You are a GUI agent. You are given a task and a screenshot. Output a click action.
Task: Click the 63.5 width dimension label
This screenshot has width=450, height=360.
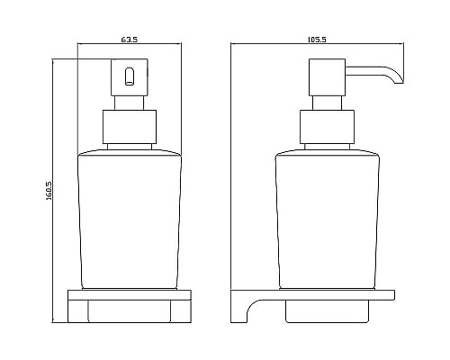point(130,40)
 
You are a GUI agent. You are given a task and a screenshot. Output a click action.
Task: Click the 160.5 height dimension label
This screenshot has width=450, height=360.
point(49,191)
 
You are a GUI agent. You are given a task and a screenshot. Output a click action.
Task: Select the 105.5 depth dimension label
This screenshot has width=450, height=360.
point(317,40)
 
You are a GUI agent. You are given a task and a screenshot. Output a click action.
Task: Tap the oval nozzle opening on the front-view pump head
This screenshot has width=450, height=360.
point(130,76)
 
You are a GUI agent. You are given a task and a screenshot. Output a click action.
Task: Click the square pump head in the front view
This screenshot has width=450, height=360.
point(130,77)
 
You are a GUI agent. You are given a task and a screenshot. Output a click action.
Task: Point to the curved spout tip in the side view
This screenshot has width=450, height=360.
point(398,77)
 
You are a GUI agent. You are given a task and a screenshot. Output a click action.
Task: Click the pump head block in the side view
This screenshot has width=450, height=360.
point(327,77)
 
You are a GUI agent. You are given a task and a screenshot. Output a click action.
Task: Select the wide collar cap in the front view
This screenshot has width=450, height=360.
point(130,127)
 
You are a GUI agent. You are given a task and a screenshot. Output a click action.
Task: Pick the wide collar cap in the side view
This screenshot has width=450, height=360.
point(327,127)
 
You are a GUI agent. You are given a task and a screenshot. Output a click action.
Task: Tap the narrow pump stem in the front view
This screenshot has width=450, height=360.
point(130,103)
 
